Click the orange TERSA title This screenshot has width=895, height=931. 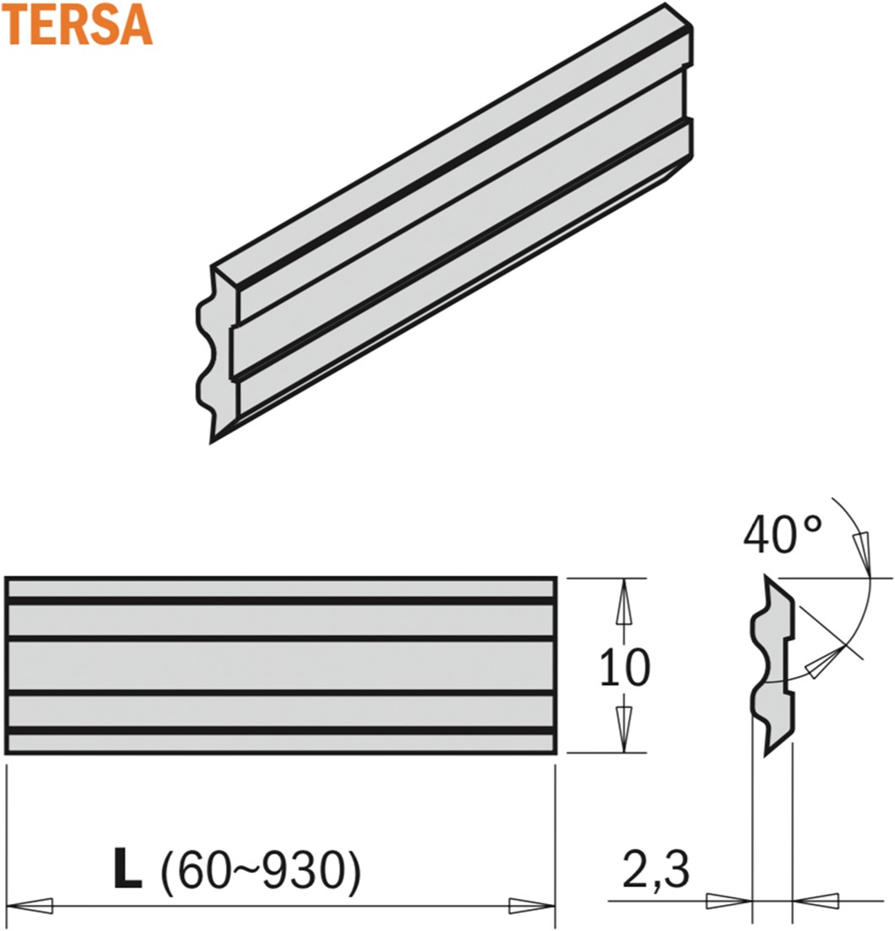(77, 25)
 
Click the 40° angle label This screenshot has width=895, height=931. (782, 534)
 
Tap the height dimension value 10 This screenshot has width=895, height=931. (625, 667)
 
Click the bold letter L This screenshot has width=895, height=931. (128, 868)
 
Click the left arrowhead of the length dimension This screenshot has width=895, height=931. (29, 906)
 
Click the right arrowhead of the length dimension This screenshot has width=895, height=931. (532, 906)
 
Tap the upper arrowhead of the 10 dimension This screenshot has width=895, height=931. (623, 602)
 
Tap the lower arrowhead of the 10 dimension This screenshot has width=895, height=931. (623, 729)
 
